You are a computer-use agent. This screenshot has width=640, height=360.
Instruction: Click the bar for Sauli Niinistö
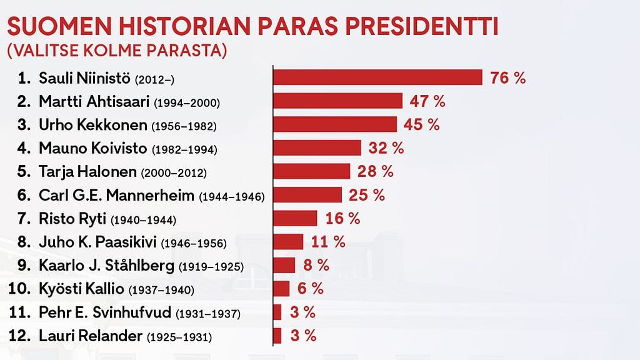coord(378,77)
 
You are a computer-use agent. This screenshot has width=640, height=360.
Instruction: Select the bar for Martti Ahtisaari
coord(338,101)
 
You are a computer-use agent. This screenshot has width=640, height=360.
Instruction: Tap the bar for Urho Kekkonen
coord(335,124)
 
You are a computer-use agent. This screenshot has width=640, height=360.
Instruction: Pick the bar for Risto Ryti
coord(296,218)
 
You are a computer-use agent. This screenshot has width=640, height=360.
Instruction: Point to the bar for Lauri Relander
coord(277,336)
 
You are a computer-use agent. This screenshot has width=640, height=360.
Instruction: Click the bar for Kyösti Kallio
coord(282,289)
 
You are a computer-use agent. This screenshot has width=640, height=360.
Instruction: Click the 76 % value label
coord(508,77)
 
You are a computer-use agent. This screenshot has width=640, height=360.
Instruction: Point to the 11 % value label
coord(327,242)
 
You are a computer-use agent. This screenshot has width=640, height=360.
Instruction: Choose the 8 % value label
coord(316,265)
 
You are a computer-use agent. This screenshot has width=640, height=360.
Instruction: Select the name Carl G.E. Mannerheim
coord(117,195)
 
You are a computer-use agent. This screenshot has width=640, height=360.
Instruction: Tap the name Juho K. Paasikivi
coord(98,242)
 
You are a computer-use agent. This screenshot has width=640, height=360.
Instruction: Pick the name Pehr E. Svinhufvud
coord(105,312)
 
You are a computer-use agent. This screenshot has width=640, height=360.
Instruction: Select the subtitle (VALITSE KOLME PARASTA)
coord(116,51)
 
